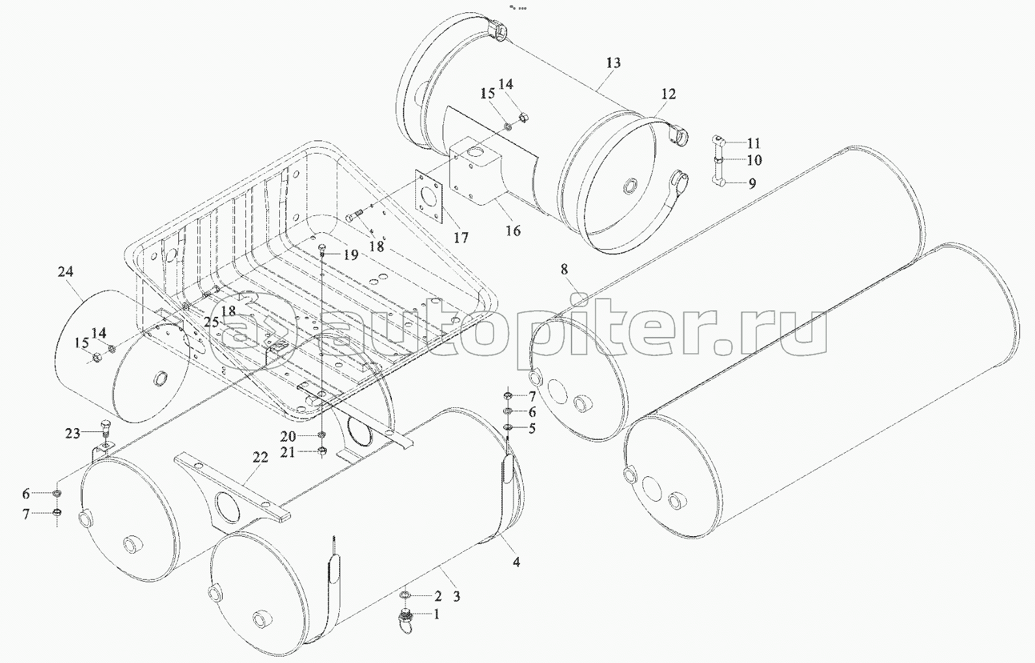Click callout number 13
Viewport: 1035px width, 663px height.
613,63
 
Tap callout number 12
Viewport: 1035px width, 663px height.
668,94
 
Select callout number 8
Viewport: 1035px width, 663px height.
564,269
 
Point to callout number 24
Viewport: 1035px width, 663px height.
65,272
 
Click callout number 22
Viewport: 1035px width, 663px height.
260,458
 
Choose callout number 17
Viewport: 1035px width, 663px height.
461,238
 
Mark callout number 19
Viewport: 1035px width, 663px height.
351,254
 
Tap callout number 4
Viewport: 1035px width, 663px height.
516,562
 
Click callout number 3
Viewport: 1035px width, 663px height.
457,596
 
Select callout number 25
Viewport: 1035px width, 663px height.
212,321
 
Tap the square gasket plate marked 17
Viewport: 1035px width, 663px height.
430,196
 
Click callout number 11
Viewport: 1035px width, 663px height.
754,143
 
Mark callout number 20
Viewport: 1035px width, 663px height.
288,436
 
